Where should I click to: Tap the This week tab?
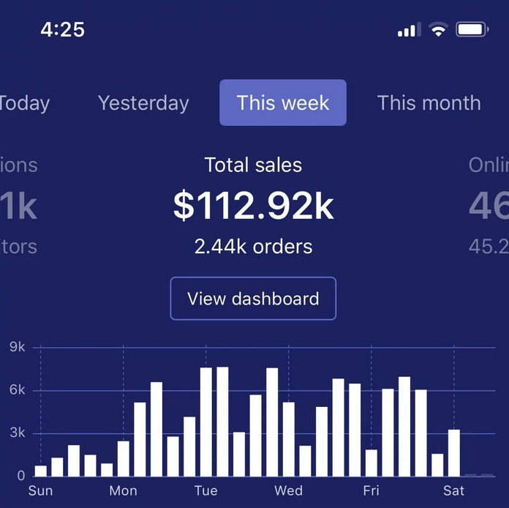283,103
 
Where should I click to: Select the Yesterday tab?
143,103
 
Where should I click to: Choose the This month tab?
429,103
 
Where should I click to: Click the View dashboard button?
253,299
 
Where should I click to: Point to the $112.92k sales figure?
253,207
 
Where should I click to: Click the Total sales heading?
253,165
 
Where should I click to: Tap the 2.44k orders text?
253,247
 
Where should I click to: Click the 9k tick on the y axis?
18,348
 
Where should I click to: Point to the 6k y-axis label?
18,390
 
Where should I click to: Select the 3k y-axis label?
18,433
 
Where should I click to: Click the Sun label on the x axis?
40,490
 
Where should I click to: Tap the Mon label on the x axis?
123,490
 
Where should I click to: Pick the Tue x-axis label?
206,490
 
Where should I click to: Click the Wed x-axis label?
288,490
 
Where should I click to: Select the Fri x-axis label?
371,490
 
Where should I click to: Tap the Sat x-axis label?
453,490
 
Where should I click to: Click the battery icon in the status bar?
472,30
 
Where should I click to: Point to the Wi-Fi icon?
438,30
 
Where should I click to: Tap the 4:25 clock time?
62,30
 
